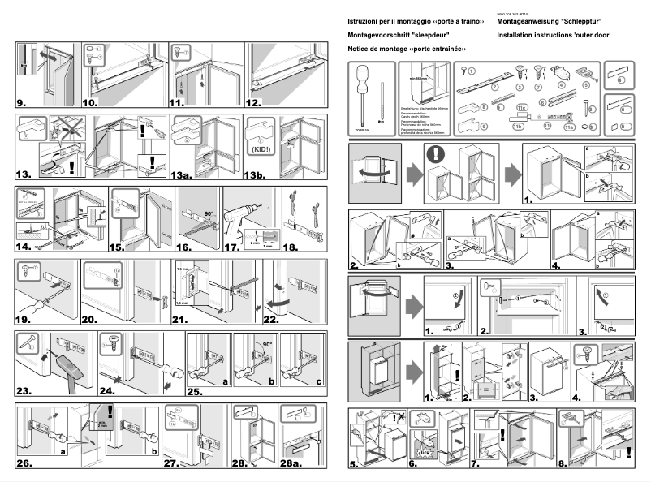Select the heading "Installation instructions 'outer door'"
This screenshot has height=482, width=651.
553,36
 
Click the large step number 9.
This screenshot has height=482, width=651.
23,103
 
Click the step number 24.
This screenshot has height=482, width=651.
111,391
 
